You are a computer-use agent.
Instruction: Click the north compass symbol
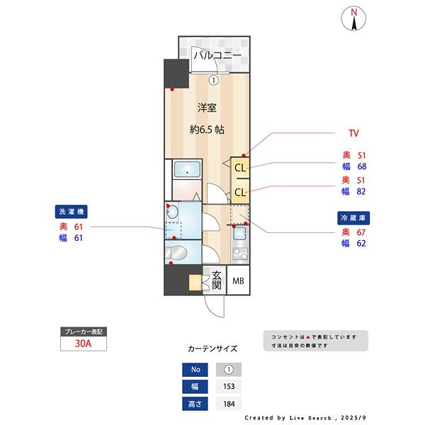(x=353, y=19)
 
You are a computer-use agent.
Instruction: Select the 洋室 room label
(x=206, y=108)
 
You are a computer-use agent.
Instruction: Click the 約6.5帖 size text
(x=206, y=130)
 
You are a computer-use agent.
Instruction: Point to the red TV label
(x=353, y=133)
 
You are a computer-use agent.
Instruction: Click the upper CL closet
(x=240, y=168)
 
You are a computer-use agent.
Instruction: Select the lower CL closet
(x=240, y=192)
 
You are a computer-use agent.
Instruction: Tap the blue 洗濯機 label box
(x=72, y=212)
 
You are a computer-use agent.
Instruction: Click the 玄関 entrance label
(x=215, y=280)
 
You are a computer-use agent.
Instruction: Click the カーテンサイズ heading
(x=212, y=349)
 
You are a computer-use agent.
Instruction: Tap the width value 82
(x=361, y=191)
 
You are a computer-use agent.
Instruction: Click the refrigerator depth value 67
(x=361, y=232)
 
